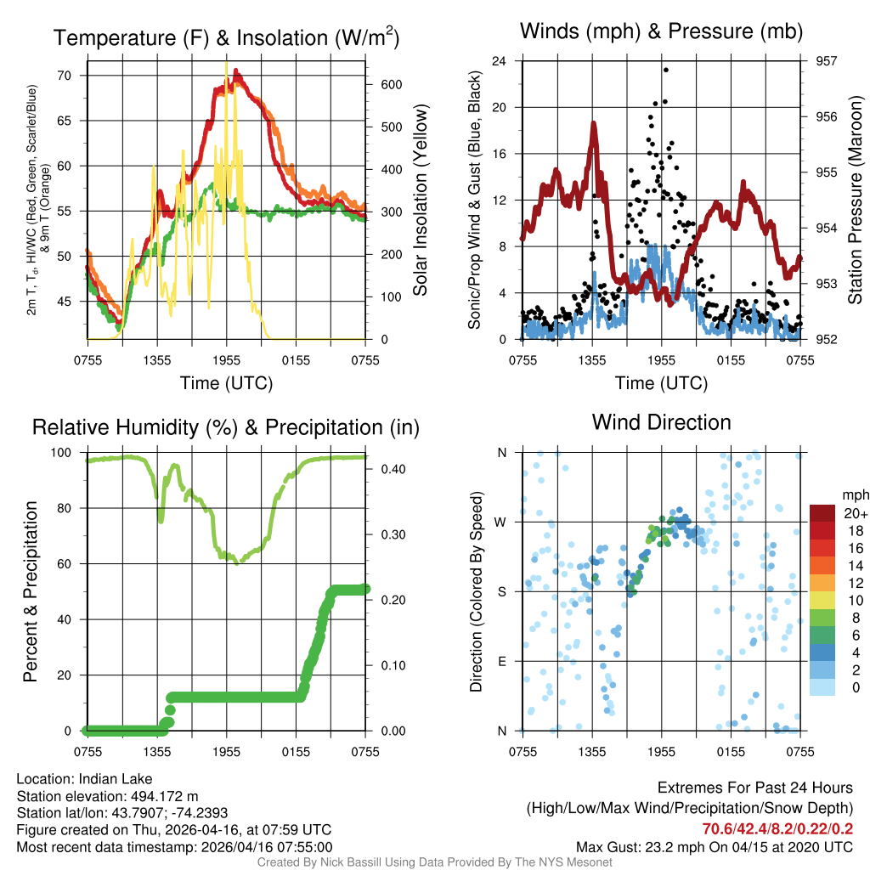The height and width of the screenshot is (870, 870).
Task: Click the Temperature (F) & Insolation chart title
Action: (226, 37)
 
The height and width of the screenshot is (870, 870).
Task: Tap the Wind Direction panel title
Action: (661, 422)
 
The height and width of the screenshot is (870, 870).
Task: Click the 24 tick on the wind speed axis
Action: (500, 61)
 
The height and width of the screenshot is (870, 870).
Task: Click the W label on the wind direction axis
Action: (501, 523)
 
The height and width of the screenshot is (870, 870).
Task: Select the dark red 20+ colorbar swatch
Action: (822, 513)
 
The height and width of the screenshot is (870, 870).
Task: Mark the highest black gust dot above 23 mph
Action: (666, 70)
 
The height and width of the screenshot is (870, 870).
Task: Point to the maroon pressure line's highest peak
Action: (594, 124)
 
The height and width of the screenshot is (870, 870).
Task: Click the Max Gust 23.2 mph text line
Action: (714, 846)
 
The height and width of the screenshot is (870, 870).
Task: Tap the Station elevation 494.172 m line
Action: (107, 796)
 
